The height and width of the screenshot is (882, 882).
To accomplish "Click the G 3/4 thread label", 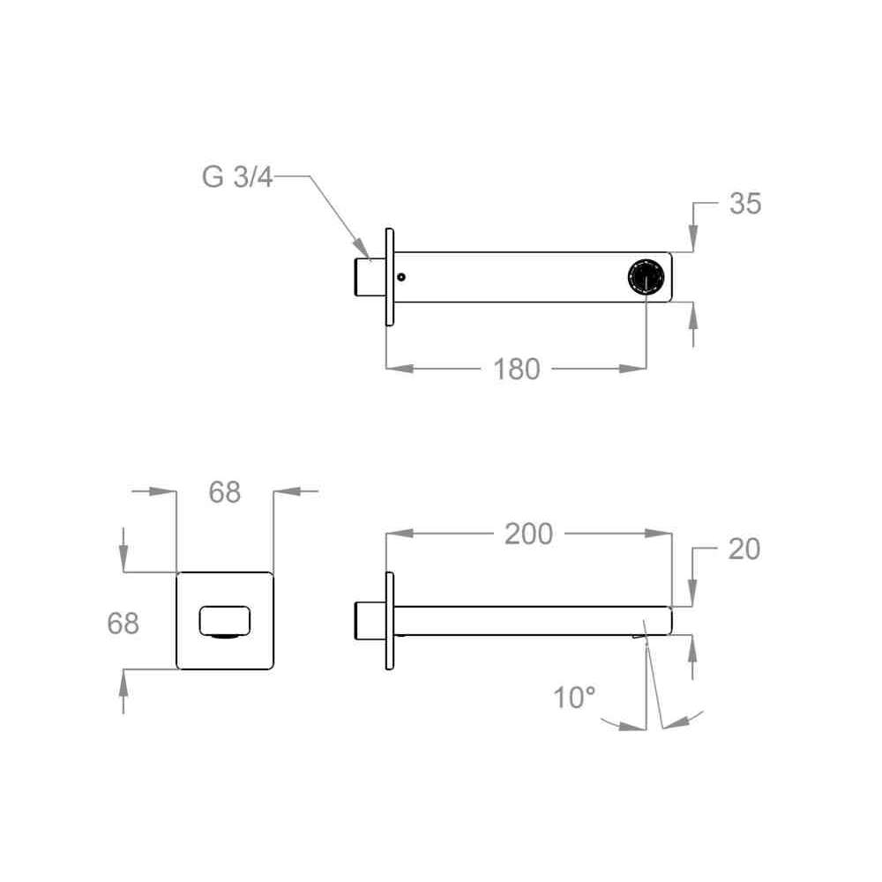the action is pyautogui.click(x=236, y=176).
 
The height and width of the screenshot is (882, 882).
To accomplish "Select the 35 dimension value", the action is pyautogui.click(x=745, y=203).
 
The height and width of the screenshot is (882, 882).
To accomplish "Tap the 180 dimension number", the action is pyautogui.click(x=516, y=370).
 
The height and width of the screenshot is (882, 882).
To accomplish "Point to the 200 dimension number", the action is pyautogui.click(x=528, y=534).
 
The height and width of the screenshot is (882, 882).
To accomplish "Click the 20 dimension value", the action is pyautogui.click(x=744, y=549).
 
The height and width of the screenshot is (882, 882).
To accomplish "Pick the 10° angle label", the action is pyautogui.click(x=574, y=698).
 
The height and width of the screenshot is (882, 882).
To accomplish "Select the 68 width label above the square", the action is pyautogui.click(x=224, y=492).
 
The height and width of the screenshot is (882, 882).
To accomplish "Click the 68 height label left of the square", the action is pyautogui.click(x=123, y=624).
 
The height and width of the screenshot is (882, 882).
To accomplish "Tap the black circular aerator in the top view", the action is pyautogui.click(x=646, y=277).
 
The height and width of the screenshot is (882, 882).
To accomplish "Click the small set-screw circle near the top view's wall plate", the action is pyautogui.click(x=401, y=277).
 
